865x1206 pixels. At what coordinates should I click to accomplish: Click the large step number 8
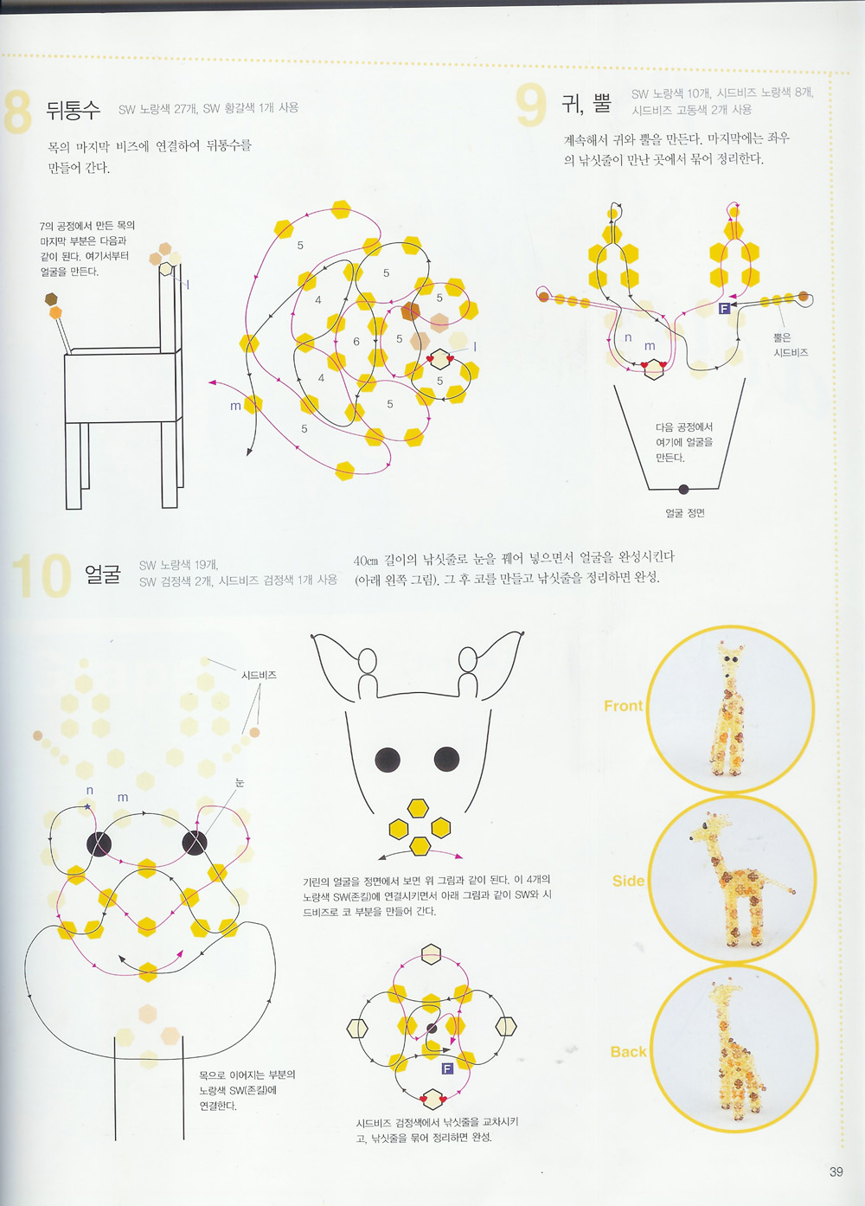tap(17, 112)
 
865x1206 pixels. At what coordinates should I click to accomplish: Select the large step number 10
tap(42, 575)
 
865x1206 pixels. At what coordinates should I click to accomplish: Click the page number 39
tap(836, 1171)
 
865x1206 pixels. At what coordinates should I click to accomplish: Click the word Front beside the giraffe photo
tap(623, 706)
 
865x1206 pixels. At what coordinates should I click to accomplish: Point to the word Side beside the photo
tap(628, 881)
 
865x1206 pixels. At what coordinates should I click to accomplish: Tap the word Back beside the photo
tap(628, 1051)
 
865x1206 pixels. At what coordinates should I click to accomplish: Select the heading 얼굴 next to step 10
tap(102, 574)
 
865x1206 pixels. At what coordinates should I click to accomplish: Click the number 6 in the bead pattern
tap(356, 342)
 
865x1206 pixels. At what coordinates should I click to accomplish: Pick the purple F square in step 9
tap(725, 308)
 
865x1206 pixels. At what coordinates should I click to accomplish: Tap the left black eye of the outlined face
tap(388, 760)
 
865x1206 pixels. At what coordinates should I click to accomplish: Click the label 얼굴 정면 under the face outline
tap(685, 513)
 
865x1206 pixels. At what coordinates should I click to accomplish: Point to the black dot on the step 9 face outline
tap(683, 490)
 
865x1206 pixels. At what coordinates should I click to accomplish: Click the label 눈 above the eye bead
tap(240, 782)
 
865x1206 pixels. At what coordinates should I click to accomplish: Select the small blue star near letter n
tap(87, 806)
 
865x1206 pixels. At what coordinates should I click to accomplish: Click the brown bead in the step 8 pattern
tap(410, 311)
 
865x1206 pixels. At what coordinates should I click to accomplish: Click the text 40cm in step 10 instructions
tap(366, 561)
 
